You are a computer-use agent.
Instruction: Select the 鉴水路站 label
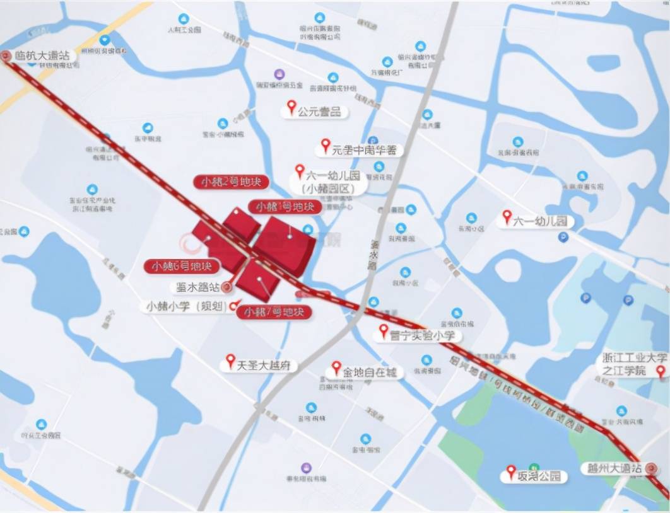click(195, 287)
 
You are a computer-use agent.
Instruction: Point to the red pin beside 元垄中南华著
click(326, 146)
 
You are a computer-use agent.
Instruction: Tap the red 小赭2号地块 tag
click(231, 182)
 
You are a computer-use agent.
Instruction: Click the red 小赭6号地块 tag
click(182, 266)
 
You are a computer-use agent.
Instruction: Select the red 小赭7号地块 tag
click(274, 312)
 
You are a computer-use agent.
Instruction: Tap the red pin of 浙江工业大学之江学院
click(661, 371)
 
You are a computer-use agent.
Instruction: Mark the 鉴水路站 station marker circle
click(226, 287)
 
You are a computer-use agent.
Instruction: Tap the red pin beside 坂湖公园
click(512, 471)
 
